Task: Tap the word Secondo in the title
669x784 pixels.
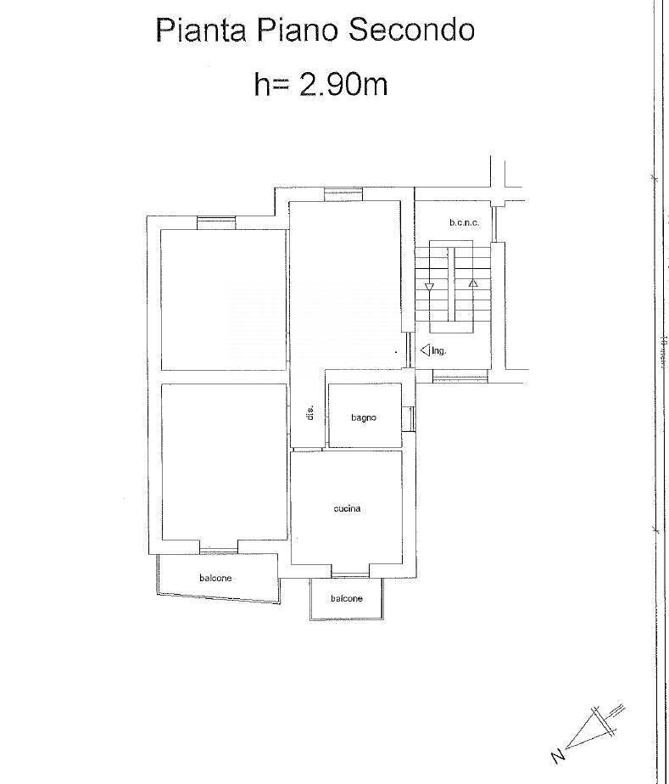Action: tap(411, 31)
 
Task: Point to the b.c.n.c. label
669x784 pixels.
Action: tap(464, 222)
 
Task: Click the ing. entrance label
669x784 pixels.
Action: tap(438, 350)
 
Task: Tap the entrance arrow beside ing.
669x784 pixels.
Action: tap(424, 349)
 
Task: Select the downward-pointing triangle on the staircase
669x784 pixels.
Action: tap(429, 287)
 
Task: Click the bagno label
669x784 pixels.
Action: tap(363, 417)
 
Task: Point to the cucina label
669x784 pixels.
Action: tap(347, 508)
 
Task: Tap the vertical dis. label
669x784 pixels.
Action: tap(310, 413)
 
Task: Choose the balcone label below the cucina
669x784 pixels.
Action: tap(346, 598)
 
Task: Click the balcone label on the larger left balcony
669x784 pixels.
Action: tap(215, 578)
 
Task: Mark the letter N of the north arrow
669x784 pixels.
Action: tap(557, 754)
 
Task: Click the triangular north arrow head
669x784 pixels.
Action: tap(594, 726)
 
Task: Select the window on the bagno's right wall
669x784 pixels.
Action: tap(410, 417)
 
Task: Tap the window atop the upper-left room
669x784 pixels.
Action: tap(216, 223)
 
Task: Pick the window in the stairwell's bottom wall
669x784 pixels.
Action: tap(460, 376)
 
